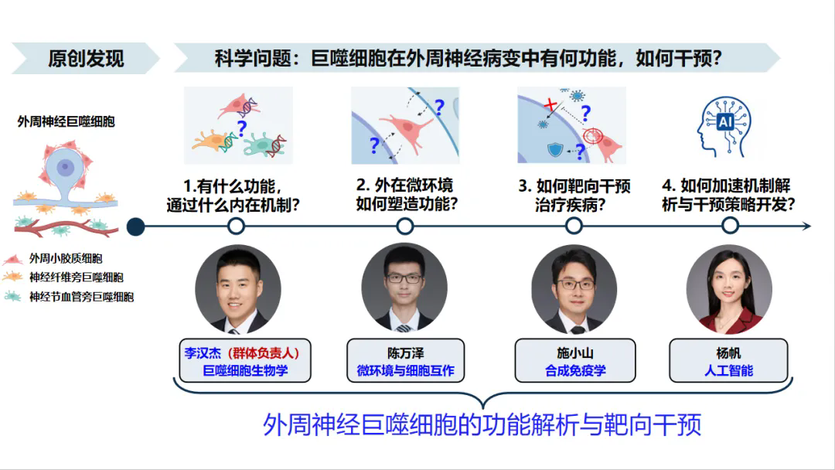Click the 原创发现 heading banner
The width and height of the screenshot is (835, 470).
[85, 58]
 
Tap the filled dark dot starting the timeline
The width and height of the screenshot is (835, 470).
[136, 226]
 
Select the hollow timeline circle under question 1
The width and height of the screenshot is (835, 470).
[236, 226]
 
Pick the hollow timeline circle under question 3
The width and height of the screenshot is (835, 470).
[574, 226]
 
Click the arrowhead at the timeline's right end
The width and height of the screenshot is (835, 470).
[806, 226]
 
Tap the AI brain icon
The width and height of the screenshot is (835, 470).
[724, 127]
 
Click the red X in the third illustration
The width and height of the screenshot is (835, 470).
[550, 104]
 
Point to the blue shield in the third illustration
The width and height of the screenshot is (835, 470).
[555, 149]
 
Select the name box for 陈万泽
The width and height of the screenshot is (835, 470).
[405, 360]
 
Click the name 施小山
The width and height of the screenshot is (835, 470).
[575, 353]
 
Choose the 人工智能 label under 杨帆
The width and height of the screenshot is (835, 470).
[728, 370]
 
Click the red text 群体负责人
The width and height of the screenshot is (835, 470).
[264, 353]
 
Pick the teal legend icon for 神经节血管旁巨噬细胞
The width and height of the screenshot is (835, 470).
[13, 297]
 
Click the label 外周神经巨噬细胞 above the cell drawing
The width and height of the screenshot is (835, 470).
[66, 122]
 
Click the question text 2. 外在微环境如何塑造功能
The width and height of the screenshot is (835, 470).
[407, 195]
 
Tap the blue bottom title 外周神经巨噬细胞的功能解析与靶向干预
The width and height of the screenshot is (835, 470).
[482, 424]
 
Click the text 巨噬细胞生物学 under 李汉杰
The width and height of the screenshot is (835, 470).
[245, 370]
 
